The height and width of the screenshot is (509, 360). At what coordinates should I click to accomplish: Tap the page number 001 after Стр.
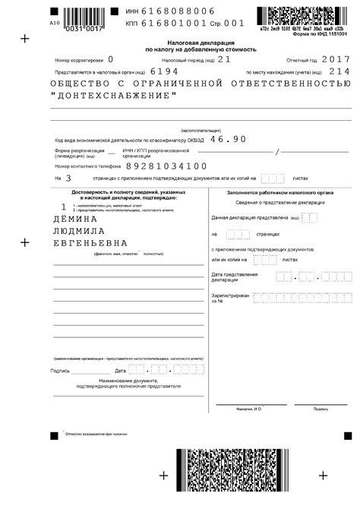(235, 24)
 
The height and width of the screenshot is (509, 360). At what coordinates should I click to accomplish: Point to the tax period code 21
(223, 58)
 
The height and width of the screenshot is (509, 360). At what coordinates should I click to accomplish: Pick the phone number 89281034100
(166, 165)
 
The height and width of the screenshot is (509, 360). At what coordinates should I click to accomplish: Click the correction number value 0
(111, 58)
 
